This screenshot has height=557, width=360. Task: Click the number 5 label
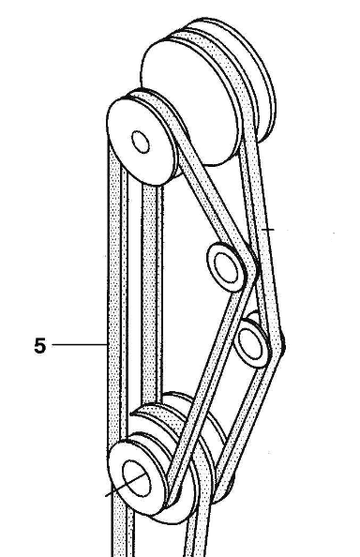coord(40,346)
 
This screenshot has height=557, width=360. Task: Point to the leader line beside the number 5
coord(80,344)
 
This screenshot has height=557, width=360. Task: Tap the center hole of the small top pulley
coord(141,142)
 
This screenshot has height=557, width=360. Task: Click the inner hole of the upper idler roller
coord(226,267)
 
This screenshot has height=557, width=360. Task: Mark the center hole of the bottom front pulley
coord(136,478)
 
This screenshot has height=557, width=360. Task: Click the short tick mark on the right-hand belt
coord(268,230)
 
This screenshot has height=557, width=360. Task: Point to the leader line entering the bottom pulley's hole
coord(126,484)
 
